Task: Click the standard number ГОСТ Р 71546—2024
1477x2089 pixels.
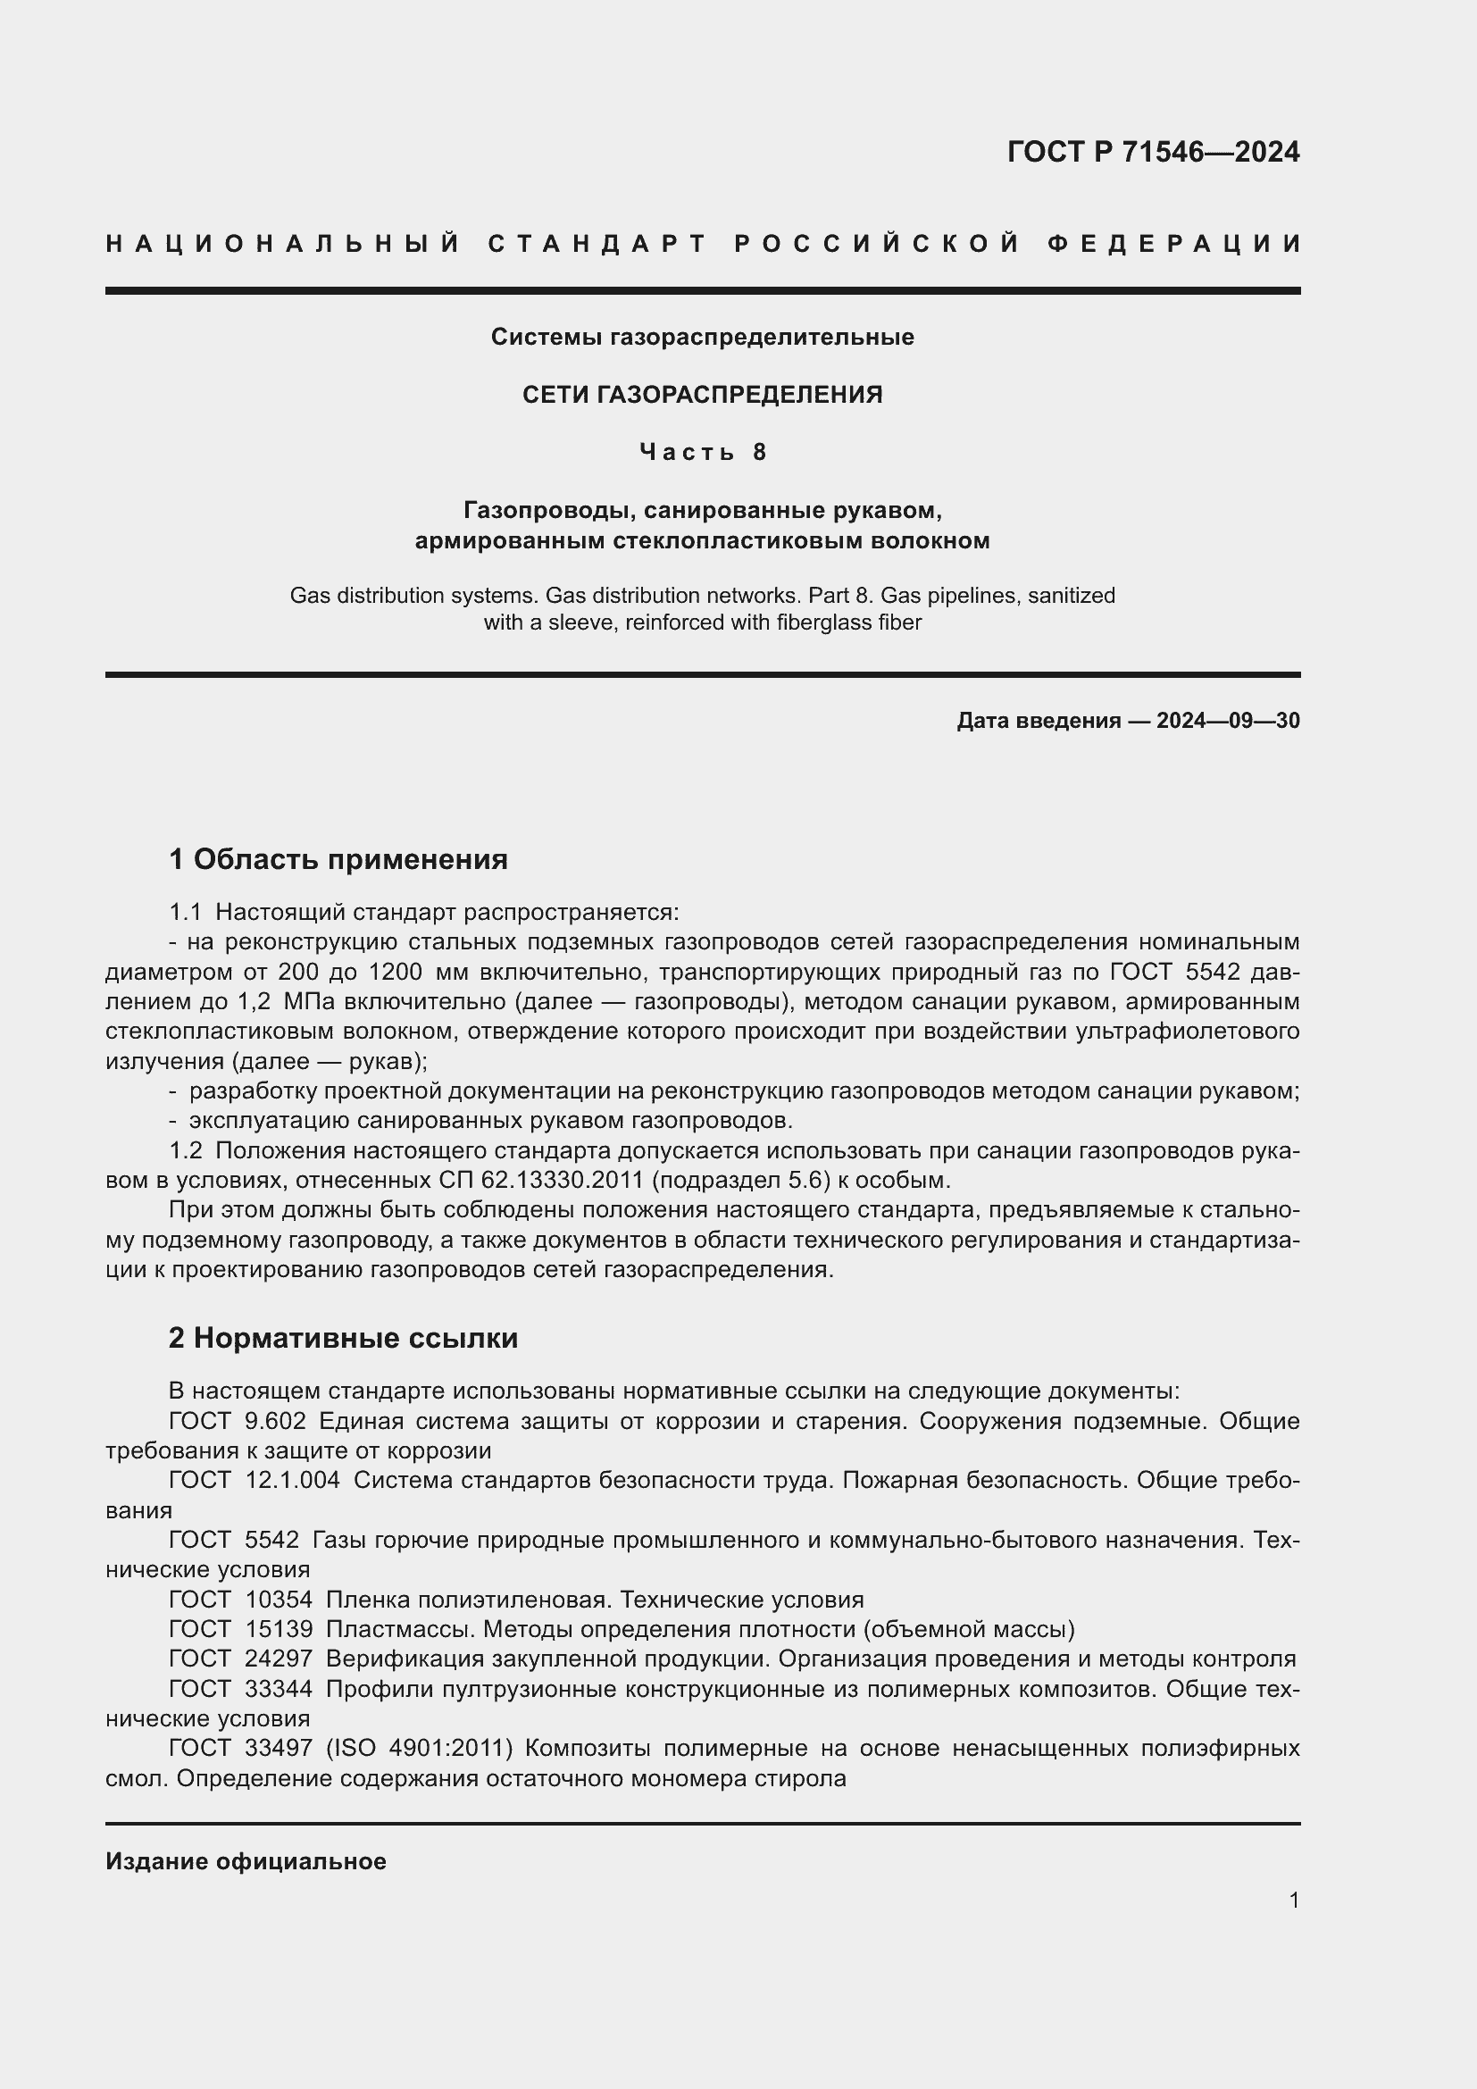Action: click(1152, 152)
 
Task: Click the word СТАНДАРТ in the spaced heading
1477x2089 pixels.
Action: click(597, 244)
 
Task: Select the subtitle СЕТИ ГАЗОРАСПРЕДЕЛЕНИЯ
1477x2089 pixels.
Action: click(702, 395)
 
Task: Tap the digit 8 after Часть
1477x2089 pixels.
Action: click(759, 452)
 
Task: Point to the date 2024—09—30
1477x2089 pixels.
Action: click(1228, 721)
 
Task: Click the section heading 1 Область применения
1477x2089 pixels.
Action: click(338, 859)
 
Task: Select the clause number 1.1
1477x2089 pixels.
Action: click(186, 913)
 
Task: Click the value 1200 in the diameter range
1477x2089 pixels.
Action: click(396, 973)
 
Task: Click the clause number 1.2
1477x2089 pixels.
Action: click(186, 1151)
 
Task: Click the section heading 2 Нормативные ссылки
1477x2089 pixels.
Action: click(344, 1339)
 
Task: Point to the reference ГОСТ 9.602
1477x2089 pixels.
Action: click(238, 1421)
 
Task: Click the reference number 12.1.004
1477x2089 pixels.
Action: click(292, 1480)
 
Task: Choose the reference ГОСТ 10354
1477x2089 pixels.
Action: click(240, 1600)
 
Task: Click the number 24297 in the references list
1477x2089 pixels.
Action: click(279, 1659)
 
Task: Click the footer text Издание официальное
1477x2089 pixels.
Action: click(246, 1861)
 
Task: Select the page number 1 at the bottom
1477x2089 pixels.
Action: click(1293, 1900)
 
